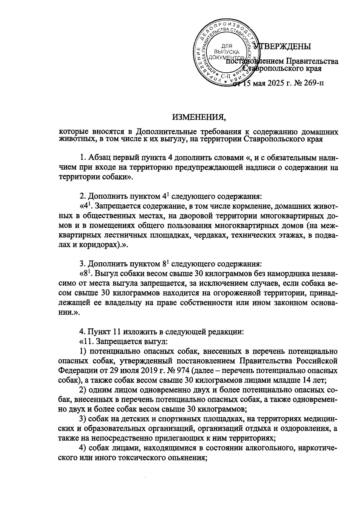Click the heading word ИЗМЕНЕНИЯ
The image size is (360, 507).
(198, 116)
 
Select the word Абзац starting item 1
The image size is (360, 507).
(97, 158)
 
